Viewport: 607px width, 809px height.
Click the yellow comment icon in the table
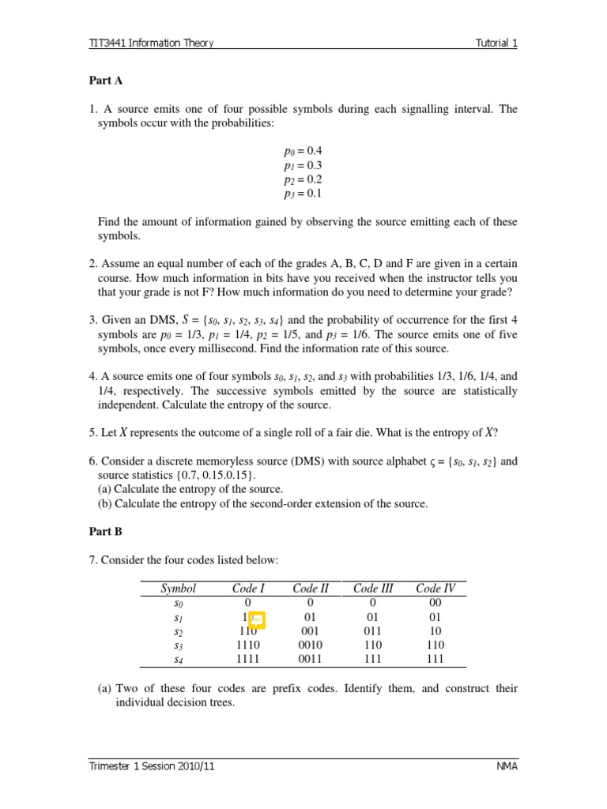pyautogui.click(x=255, y=620)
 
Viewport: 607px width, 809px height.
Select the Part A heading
pyautogui.click(x=105, y=81)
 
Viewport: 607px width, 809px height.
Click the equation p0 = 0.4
pyautogui.click(x=303, y=151)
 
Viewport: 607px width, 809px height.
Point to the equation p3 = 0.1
pyautogui.click(x=303, y=194)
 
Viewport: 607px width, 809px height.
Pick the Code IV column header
pyautogui.click(x=435, y=589)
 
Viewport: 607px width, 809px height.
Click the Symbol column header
pyautogui.click(x=178, y=589)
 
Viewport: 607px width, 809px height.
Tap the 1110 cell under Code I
pyautogui.click(x=247, y=645)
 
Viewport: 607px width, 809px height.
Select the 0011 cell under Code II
pyautogui.click(x=311, y=658)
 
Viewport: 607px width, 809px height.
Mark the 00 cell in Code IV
pyautogui.click(x=435, y=603)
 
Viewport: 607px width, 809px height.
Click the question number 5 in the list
pyautogui.click(x=92, y=432)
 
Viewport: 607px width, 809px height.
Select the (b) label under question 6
pyautogui.click(x=104, y=504)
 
